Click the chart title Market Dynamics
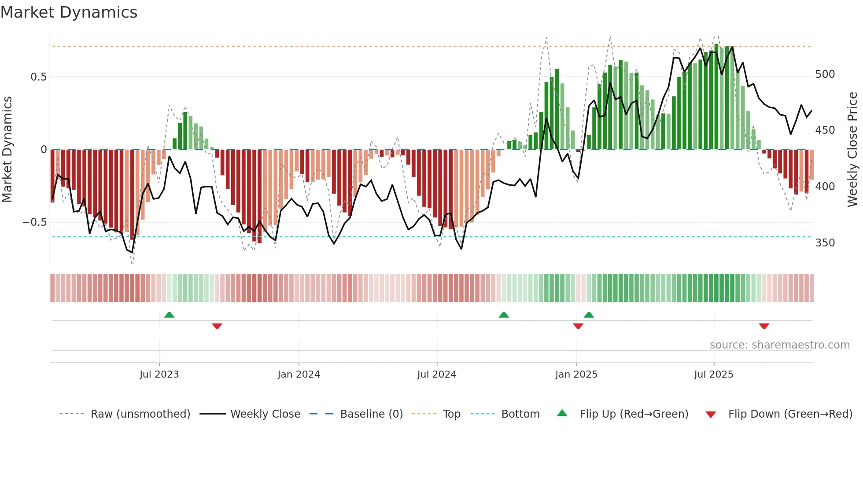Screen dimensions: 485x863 point(69,12)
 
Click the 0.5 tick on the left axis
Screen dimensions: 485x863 point(38,77)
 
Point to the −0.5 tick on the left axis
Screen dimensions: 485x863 point(35,222)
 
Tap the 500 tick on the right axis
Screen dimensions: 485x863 point(825,74)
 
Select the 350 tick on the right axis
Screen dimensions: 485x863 point(825,243)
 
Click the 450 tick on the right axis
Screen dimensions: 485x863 point(825,130)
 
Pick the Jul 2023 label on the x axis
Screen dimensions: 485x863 point(159,375)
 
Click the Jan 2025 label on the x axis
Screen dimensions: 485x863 point(576,375)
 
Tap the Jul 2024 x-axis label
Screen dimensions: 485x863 point(436,375)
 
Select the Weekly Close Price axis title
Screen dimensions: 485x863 point(852,150)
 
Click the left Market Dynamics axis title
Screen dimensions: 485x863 point(7,150)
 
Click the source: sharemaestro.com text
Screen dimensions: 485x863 point(779,345)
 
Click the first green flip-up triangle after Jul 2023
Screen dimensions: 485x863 point(169,315)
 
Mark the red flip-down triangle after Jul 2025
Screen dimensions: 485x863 point(764,326)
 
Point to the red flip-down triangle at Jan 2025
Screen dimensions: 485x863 point(578,326)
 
